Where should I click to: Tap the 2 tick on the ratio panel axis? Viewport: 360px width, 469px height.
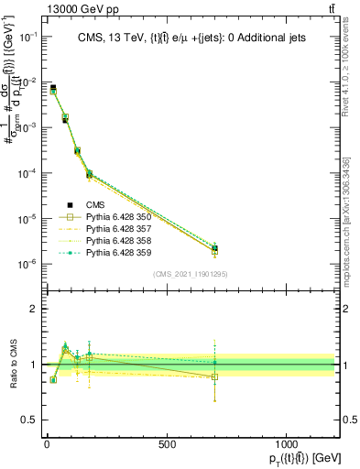tap(33, 309)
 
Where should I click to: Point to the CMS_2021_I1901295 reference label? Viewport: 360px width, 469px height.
tap(190, 274)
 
